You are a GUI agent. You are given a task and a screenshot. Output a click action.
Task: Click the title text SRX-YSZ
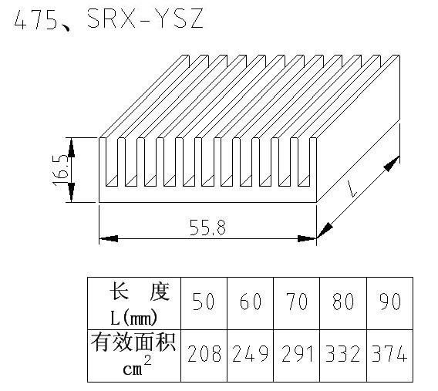(145, 19)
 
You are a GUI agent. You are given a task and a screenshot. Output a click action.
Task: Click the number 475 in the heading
(35, 19)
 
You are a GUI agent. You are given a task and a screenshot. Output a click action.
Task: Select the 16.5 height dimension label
(60, 171)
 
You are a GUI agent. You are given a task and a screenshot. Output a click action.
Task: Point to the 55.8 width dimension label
(207, 228)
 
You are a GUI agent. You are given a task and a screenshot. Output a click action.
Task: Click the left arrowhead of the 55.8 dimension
(109, 239)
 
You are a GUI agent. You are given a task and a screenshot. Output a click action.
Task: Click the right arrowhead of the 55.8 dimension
(307, 239)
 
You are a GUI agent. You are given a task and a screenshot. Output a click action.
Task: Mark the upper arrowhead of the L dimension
(392, 163)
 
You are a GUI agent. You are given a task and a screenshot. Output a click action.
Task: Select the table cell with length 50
(204, 304)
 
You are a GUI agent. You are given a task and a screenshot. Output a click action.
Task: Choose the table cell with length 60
(251, 304)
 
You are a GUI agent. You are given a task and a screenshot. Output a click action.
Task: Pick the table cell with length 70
(297, 304)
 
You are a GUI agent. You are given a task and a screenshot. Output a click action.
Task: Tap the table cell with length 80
(343, 304)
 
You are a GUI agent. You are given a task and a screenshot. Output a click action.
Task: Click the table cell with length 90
(389, 304)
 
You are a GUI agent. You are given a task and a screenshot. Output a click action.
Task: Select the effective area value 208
(204, 353)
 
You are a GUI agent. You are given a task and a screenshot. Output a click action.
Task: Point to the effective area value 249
(251, 353)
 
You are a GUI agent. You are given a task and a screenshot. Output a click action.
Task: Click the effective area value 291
(297, 353)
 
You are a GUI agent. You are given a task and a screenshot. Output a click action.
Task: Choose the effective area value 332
(343, 353)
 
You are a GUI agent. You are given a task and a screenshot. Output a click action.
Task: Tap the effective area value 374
(389, 353)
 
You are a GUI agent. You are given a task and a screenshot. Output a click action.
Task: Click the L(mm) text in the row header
(134, 318)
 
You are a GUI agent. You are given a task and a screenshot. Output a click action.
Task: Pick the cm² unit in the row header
(137, 366)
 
